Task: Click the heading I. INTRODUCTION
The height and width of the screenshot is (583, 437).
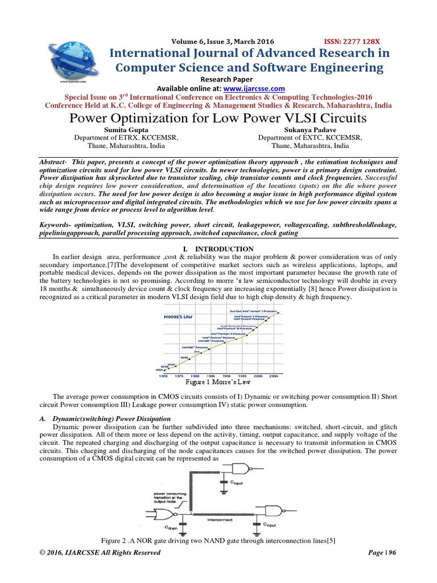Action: pyautogui.click(x=218, y=249)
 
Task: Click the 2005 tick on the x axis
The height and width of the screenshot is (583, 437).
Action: pyautogui.click(x=274, y=376)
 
